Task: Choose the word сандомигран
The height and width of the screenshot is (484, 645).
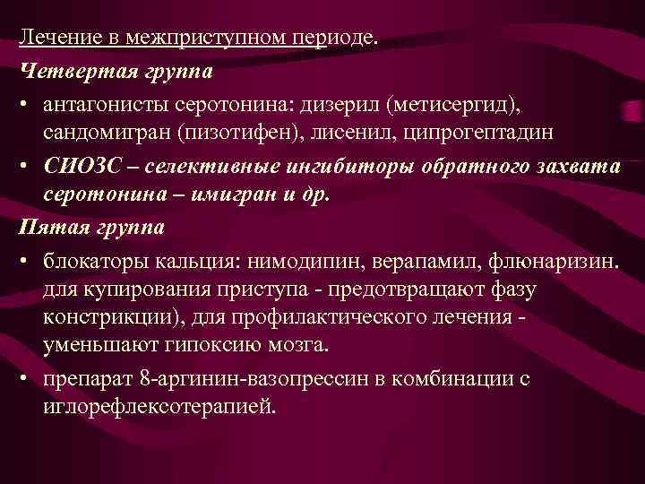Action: [107, 132]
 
